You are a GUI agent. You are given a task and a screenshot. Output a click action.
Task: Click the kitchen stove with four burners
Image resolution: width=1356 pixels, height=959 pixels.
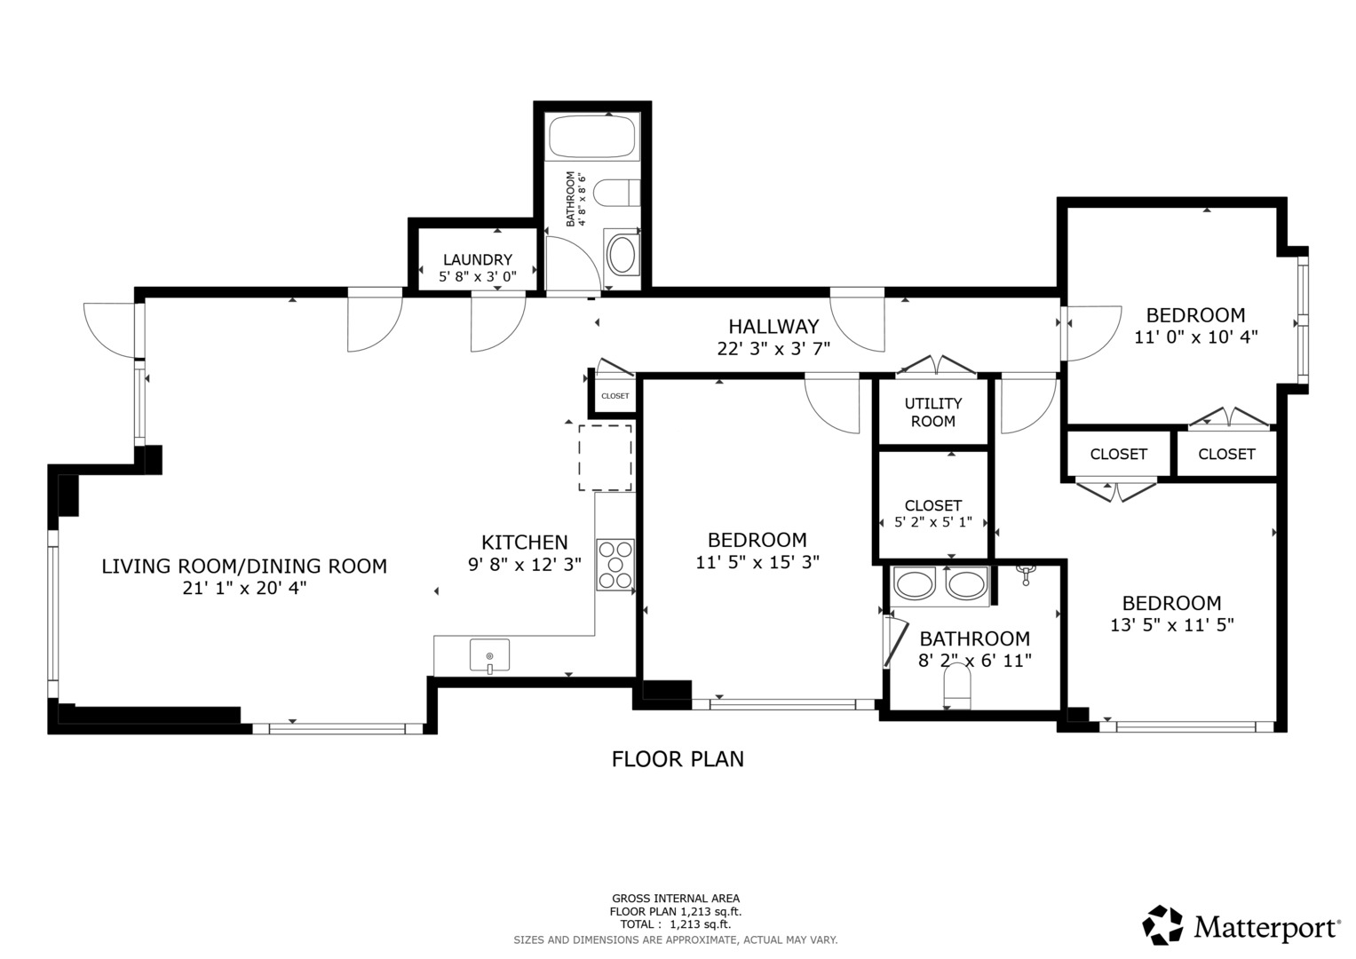615,565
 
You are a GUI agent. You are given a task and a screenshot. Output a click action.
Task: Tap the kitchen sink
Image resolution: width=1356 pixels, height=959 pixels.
489,656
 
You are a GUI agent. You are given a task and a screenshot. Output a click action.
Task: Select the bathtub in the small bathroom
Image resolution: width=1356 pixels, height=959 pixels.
592,136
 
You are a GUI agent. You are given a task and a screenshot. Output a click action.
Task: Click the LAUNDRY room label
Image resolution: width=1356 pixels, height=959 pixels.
478,259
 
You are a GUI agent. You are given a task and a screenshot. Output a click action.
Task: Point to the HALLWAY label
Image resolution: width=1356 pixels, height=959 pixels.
773,326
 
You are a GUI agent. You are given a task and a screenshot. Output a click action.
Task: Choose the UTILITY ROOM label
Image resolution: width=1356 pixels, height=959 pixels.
932,412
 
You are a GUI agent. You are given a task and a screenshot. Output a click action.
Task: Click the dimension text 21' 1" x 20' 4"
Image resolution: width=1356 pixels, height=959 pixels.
244,588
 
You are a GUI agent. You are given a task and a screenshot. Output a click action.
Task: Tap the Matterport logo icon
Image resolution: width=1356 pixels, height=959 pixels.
1162,925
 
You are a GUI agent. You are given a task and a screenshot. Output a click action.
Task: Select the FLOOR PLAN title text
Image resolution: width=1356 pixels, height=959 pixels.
678,759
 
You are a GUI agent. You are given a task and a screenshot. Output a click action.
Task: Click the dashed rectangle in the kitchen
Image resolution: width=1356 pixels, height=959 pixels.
606,457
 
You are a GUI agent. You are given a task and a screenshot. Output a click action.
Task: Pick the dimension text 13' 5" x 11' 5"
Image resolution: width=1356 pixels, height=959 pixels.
1171,625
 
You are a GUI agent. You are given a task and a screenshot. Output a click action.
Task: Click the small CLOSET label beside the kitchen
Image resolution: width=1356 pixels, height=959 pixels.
615,396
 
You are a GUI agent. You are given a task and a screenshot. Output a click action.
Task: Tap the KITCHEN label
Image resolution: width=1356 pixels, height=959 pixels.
524,542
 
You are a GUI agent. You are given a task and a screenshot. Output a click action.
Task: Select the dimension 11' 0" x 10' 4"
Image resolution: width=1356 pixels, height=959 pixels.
1195,337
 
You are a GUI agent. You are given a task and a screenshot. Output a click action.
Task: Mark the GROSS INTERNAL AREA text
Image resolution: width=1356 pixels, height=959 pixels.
675,898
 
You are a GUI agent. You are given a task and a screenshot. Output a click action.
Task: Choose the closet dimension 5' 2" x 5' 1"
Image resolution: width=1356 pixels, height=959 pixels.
932,523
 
